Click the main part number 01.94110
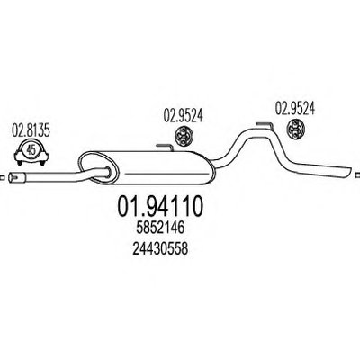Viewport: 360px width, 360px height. [160, 207]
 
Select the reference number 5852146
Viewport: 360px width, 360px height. [160, 229]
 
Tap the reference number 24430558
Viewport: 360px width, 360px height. [160, 248]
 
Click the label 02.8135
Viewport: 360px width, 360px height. [31, 131]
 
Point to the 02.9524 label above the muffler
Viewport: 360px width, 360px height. [183, 116]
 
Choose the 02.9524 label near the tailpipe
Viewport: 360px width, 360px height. [295, 108]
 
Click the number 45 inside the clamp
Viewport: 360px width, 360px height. [31, 150]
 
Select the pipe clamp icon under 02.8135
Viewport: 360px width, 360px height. [31, 152]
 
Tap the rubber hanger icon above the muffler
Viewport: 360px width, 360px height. [183, 137]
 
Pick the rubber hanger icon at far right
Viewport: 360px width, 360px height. [295, 130]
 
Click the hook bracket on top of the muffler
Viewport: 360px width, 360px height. [165, 148]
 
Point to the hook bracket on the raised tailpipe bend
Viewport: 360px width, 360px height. [265, 125]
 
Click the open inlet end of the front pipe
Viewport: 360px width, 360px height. [13, 177]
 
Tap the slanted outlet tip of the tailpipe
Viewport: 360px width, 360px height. [347, 173]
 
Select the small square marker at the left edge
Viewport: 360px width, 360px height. [2, 177]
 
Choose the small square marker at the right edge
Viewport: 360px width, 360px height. [358, 175]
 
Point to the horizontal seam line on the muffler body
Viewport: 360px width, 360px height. [166, 174]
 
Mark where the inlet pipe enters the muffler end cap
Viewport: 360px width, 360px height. [107, 172]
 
